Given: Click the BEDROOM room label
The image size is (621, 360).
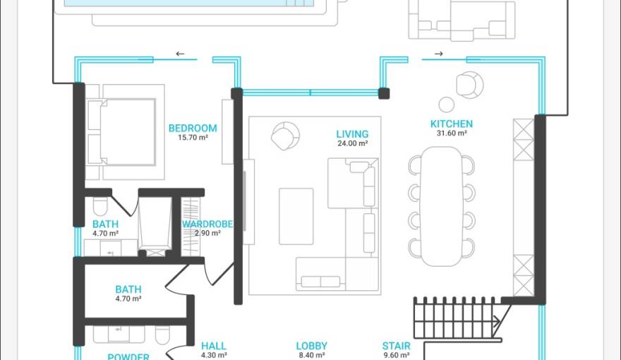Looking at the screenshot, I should click(x=192, y=128).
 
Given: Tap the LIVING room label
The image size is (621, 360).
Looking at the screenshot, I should click(x=352, y=134).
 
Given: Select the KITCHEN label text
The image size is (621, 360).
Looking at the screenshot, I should click(x=452, y=124).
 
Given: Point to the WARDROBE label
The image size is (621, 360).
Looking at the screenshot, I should click(x=207, y=224).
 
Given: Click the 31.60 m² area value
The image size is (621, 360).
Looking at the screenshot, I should click(x=452, y=133).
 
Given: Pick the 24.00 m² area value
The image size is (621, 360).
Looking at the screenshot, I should click(x=352, y=143).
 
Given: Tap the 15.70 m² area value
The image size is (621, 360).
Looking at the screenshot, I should click(x=192, y=138).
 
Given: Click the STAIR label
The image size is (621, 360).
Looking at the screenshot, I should click(x=396, y=346).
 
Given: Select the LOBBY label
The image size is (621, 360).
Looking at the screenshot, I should click(x=311, y=346).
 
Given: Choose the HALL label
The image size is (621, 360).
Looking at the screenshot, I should click(x=214, y=346).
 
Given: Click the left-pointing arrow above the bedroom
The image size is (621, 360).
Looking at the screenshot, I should click(x=180, y=54).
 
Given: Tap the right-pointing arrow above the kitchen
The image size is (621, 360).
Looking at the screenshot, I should click(x=438, y=54).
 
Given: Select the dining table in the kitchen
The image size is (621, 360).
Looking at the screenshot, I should click(x=441, y=205).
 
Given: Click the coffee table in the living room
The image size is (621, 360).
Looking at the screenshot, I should click(x=296, y=215).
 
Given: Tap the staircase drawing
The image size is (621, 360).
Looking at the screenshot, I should click(x=455, y=318).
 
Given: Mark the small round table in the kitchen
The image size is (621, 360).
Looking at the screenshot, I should click(x=446, y=104).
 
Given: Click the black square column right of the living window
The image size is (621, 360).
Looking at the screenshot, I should click(x=384, y=92).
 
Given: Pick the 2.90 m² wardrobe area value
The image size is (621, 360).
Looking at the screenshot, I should click(x=207, y=234).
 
